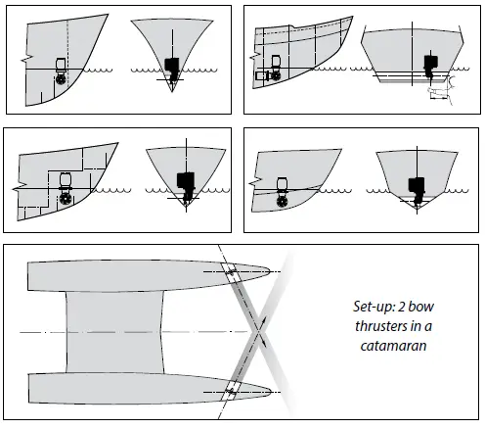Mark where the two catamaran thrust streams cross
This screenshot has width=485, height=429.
pyautogui.click(x=259, y=334)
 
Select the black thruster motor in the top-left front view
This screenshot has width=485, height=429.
pyautogui.click(x=172, y=69)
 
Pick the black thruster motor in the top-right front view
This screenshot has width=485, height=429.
pyautogui.click(x=429, y=66)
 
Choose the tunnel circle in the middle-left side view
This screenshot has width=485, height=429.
pyautogui.click(x=66, y=199)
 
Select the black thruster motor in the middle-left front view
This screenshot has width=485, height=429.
pyautogui.click(x=184, y=183)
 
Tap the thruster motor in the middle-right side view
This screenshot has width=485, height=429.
pyautogui.click(x=283, y=182)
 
